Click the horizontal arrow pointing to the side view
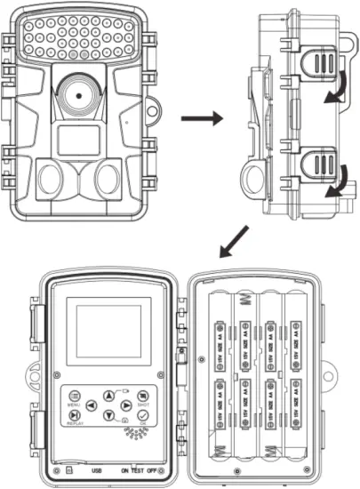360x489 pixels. click(x=200, y=117)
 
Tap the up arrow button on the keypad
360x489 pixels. click(x=108, y=397)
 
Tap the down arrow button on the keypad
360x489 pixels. click(x=108, y=416)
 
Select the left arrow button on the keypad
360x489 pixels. click(x=92, y=406)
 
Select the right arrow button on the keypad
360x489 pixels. click(x=124, y=406)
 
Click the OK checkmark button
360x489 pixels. click(x=143, y=414)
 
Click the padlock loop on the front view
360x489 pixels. click(x=154, y=112)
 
